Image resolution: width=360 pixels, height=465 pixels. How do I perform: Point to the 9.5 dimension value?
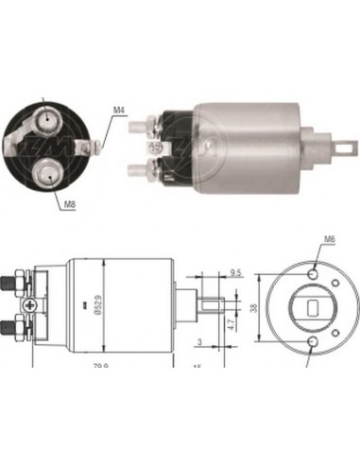(235, 272)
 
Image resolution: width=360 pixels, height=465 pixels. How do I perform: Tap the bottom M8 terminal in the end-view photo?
(46, 172)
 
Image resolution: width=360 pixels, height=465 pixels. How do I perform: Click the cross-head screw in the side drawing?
(36, 305)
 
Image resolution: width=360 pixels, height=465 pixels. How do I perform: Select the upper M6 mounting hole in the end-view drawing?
(314, 274)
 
